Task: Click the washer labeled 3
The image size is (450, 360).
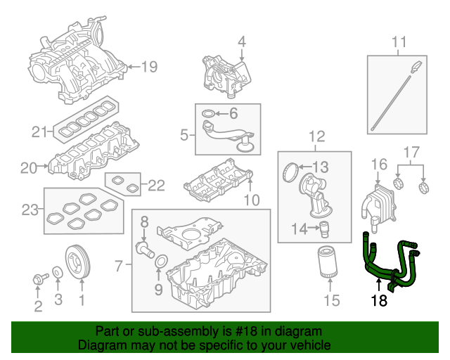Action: pyautogui.click(x=56, y=273)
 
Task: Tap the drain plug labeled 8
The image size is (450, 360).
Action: pyautogui.click(x=144, y=248)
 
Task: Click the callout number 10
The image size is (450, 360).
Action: pyautogui.click(x=251, y=201)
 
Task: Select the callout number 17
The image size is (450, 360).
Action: pyautogui.click(x=411, y=152)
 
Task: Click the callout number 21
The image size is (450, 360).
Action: pyautogui.click(x=39, y=131)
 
